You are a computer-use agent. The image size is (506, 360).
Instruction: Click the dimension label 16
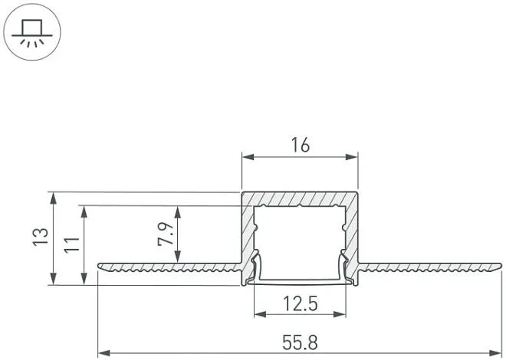(x=300, y=145)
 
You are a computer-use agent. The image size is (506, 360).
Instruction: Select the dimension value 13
(x=41, y=237)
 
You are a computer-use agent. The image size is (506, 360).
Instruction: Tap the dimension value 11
(x=71, y=245)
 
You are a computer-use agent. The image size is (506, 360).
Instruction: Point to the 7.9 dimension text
(x=166, y=234)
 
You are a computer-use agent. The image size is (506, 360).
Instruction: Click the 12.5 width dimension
(x=300, y=303)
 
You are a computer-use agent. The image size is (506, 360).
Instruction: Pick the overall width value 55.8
(x=300, y=342)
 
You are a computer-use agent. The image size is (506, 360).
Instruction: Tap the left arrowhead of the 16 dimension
(x=248, y=157)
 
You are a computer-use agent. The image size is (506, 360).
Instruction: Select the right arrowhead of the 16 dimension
(x=352, y=157)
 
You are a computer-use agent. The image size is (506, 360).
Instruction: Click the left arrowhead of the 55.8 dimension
(x=104, y=354)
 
